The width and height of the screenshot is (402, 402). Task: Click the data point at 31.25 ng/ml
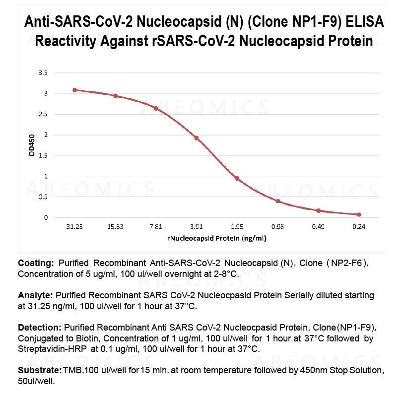coord(74,90)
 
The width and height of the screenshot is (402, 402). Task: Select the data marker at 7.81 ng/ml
coord(156,108)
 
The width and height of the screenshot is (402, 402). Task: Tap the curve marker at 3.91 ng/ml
coord(197,138)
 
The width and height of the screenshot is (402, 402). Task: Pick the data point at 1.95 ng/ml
coord(237,179)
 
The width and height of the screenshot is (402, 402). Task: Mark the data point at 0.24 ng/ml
coord(359,214)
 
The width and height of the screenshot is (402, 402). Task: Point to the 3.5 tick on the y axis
coord(43,73)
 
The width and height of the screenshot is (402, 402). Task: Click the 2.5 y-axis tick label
coord(43,114)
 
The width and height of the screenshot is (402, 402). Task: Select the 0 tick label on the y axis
coord(46,217)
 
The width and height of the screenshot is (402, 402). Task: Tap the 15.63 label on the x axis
coord(115,227)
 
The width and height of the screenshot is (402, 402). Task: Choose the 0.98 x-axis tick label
coord(278,227)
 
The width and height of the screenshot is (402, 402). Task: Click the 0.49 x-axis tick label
coord(319,227)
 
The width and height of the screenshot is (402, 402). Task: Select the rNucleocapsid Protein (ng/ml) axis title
coord(217,239)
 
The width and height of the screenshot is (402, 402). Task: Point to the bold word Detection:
coord(39,328)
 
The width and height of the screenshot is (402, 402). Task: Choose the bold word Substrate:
coord(39,371)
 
